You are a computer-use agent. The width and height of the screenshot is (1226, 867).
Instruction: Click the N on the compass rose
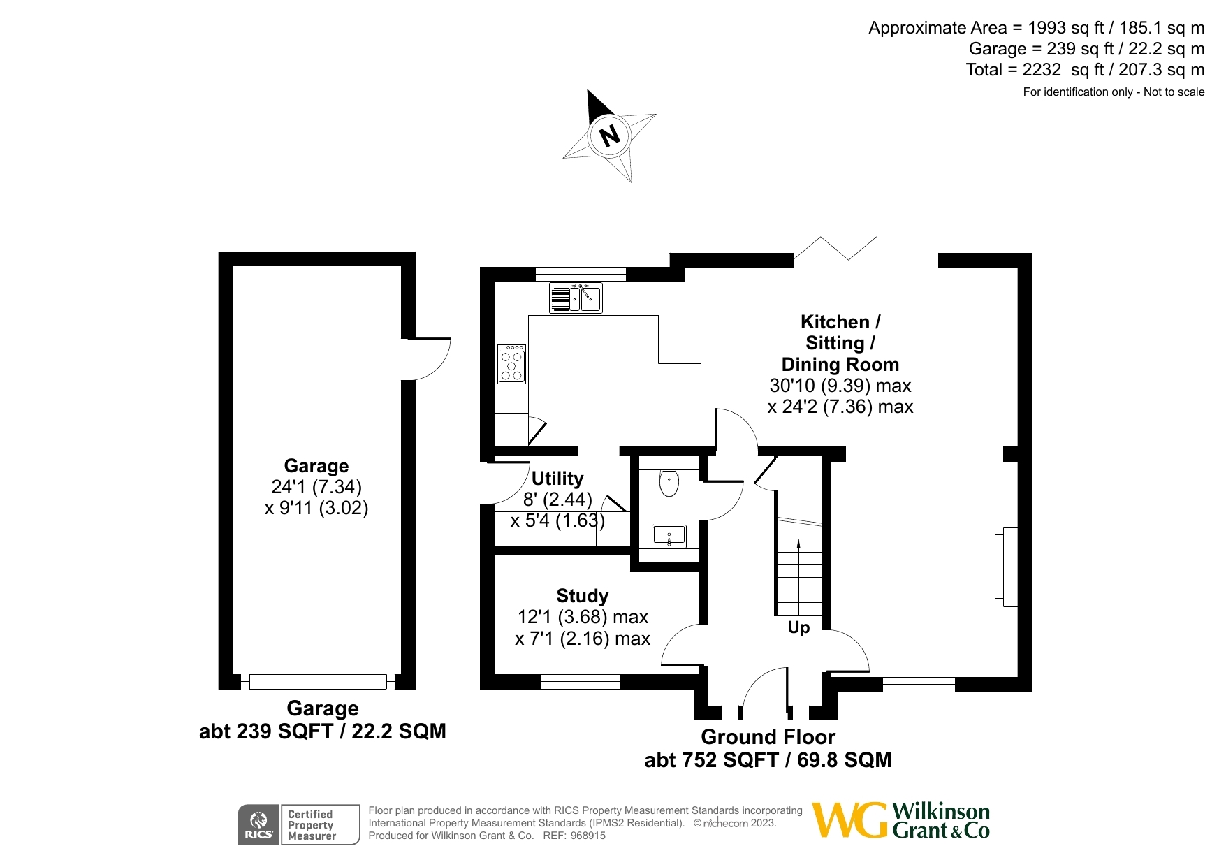(610, 135)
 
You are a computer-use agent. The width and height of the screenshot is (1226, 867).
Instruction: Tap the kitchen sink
(576, 298)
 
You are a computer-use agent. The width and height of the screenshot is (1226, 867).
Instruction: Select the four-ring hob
(511, 364)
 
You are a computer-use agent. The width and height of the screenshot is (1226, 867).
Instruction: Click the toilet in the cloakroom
(669, 483)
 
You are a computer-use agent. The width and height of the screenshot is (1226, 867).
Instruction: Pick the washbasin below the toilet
(669, 537)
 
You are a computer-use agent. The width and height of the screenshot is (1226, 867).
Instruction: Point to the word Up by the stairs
(798, 627)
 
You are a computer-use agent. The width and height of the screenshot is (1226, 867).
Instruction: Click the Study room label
(582, 596)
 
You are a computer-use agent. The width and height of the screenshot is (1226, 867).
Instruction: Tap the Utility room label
(557, 479)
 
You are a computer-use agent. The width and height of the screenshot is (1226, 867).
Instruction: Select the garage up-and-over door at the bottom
(318, 681)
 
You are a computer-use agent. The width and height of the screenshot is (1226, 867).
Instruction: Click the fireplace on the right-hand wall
(1005, 567)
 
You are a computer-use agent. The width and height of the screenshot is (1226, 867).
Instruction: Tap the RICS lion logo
(258, 824)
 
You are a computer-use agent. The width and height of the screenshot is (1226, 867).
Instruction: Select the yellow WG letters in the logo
(849, 821)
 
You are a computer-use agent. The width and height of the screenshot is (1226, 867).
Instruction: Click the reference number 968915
(588, 836)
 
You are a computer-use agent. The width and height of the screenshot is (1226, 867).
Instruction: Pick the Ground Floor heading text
(768, 737)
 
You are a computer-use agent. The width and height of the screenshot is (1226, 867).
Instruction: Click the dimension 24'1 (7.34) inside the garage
(316, 487)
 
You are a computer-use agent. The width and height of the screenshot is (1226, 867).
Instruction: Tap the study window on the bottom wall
(581, 682)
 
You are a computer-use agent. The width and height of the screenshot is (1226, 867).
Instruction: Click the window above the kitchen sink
(581, 274)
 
